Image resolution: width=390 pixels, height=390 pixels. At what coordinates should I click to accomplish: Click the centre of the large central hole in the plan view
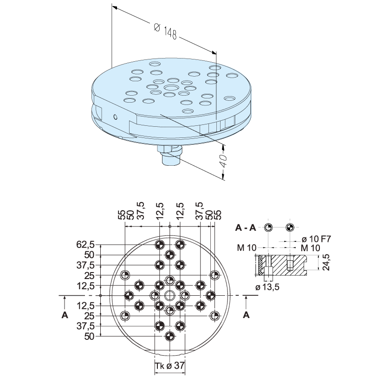click(169, 295)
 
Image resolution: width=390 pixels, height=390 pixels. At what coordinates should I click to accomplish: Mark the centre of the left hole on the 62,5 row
click(159, 245)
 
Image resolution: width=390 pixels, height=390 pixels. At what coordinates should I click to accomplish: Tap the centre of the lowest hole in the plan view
click(169, 336)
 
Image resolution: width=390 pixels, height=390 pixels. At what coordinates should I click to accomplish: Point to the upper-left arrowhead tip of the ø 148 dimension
click(112, 6)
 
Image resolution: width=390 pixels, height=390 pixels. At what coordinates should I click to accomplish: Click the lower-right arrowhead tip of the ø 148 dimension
click(216, 53)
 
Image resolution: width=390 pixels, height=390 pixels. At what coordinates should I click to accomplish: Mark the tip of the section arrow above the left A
click(65, 296)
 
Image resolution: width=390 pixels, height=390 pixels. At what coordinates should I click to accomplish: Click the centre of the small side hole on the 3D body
click(115, 117)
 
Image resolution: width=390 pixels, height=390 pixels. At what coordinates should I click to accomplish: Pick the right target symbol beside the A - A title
click(290, 227)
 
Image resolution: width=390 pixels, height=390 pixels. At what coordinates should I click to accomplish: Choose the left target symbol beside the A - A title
click(268, 227)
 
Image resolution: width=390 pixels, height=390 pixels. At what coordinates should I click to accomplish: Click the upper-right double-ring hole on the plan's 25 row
click(214, 275)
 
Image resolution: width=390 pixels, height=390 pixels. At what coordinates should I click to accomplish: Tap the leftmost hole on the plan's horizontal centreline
click(129, 295)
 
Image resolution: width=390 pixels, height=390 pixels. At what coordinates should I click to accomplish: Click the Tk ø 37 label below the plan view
click(170, 366)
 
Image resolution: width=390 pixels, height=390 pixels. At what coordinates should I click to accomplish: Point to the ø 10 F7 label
click(316, 239)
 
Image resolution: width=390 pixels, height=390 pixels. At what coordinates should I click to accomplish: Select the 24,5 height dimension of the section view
click(326, 262)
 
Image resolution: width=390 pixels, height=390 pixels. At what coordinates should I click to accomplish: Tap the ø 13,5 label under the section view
click(267, 287)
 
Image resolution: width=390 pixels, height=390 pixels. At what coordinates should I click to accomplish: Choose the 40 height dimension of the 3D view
click(223, 161)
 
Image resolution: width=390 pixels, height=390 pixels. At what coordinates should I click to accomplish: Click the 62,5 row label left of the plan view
click(85, 245)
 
